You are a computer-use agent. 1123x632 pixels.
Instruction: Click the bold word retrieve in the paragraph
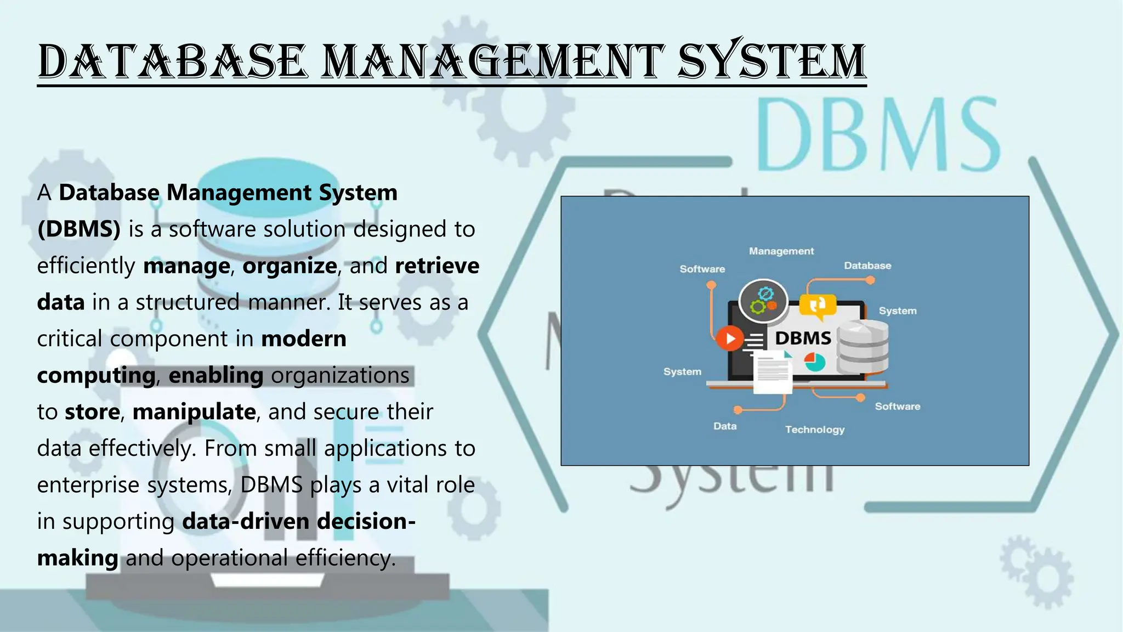[437, 266]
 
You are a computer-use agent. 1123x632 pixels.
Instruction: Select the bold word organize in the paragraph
[290, 266]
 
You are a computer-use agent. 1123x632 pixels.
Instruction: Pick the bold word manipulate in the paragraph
[194, 412]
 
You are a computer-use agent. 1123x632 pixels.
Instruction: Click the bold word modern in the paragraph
[304, 339]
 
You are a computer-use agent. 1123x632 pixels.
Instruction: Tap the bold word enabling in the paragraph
[216, 376]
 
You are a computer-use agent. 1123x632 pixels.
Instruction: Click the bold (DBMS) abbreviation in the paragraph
[79, 229]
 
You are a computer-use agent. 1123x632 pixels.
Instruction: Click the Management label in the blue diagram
[781, 251]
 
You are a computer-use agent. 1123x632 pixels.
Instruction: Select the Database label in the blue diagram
[867, 266]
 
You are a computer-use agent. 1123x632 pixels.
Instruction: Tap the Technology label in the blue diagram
[815, 430]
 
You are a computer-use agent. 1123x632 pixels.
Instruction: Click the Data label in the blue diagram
[725, 426]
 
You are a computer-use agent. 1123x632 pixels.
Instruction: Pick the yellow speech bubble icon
[818, 306]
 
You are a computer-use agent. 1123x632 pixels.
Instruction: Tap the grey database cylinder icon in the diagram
[864, 347]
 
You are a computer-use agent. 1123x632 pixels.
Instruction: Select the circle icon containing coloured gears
[763, 301]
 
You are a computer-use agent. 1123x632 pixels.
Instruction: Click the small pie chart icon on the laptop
[815, 362]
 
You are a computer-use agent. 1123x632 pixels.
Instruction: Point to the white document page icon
[772, 373]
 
